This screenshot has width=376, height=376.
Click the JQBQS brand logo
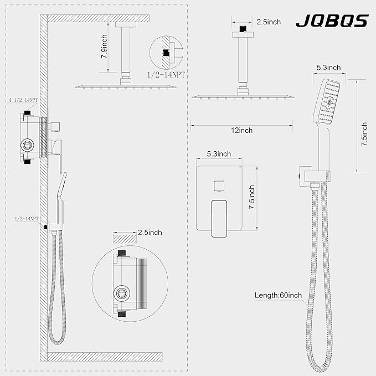tap(332, 20)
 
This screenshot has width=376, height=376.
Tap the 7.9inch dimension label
tap(104, 47)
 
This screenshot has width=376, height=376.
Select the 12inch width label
tap(241, 131)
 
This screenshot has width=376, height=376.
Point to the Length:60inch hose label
tap(278, 295)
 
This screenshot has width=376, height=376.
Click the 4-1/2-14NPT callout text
tap(23, 100)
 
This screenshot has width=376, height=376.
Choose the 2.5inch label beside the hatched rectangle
tap(150, 233)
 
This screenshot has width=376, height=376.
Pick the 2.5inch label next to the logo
tap(269, 22)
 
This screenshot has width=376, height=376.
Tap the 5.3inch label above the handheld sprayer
tap(328, 68)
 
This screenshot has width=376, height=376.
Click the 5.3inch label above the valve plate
tap(219, 154)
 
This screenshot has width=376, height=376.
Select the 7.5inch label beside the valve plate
tap(251, 197)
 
